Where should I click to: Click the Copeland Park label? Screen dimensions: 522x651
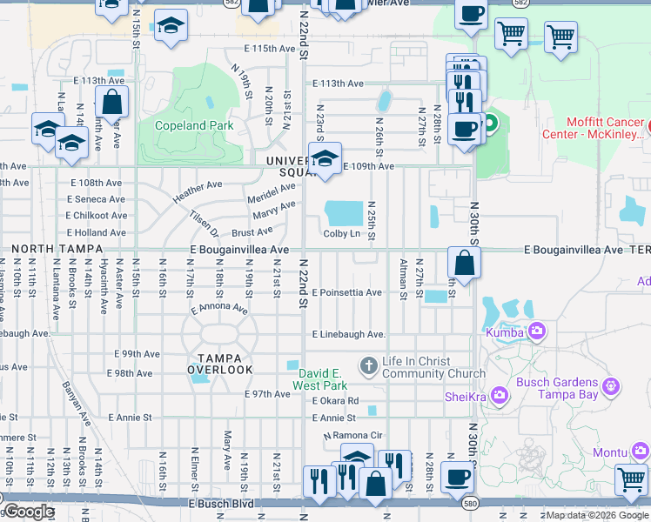click(194, 125)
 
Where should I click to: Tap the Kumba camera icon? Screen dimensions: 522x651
click(537, 330)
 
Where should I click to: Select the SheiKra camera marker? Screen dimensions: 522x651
click(500, 397)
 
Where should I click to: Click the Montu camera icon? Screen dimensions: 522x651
click(640, 451)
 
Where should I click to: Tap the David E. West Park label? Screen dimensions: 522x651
click(318, 378)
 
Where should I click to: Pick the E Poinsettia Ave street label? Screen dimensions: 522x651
click(346, 292)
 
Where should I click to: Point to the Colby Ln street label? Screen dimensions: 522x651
click(342, 233)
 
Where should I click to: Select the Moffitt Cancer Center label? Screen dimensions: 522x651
click(604, 128)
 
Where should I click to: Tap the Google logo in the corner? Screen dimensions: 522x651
click(28, 512)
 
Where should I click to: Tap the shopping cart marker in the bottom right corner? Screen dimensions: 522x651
click(631, 479)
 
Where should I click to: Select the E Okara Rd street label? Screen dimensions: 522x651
click(335, 400)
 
